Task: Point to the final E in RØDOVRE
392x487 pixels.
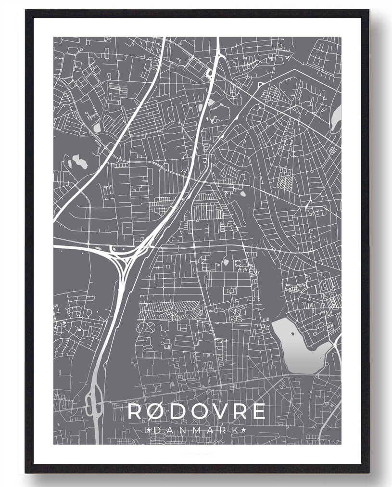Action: coord(258,411)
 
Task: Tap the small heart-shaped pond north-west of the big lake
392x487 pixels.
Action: coord(226,263)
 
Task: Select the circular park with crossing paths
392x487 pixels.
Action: coord(145,328)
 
